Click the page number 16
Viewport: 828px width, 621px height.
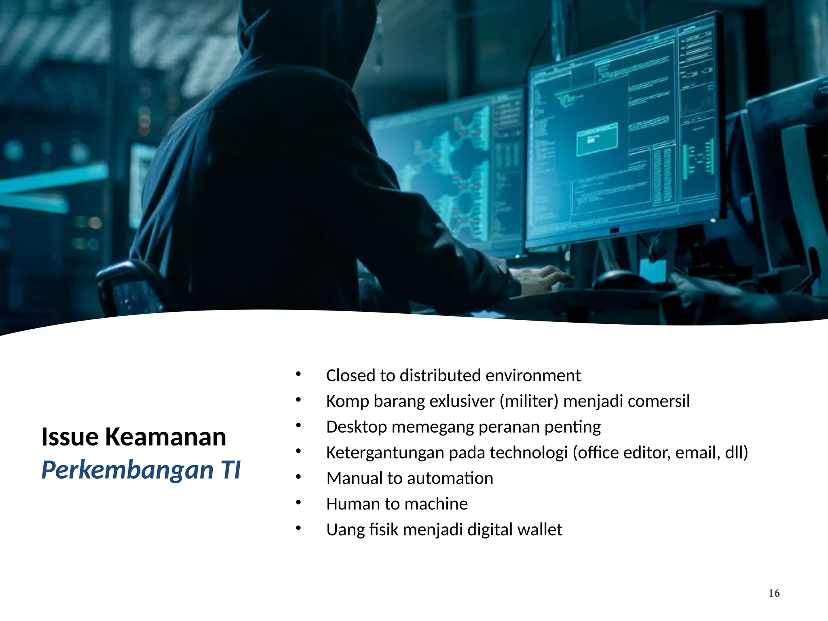[x=774, y=593]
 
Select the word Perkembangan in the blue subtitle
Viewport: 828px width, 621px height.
[x=127, y=470]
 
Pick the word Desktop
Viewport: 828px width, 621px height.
[x=356, y=427]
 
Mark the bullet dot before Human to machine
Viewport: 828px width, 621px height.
[x=298, y=503]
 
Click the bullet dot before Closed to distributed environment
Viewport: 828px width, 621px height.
[x=298, y=374]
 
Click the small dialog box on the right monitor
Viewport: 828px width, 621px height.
[x=597, y=139]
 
